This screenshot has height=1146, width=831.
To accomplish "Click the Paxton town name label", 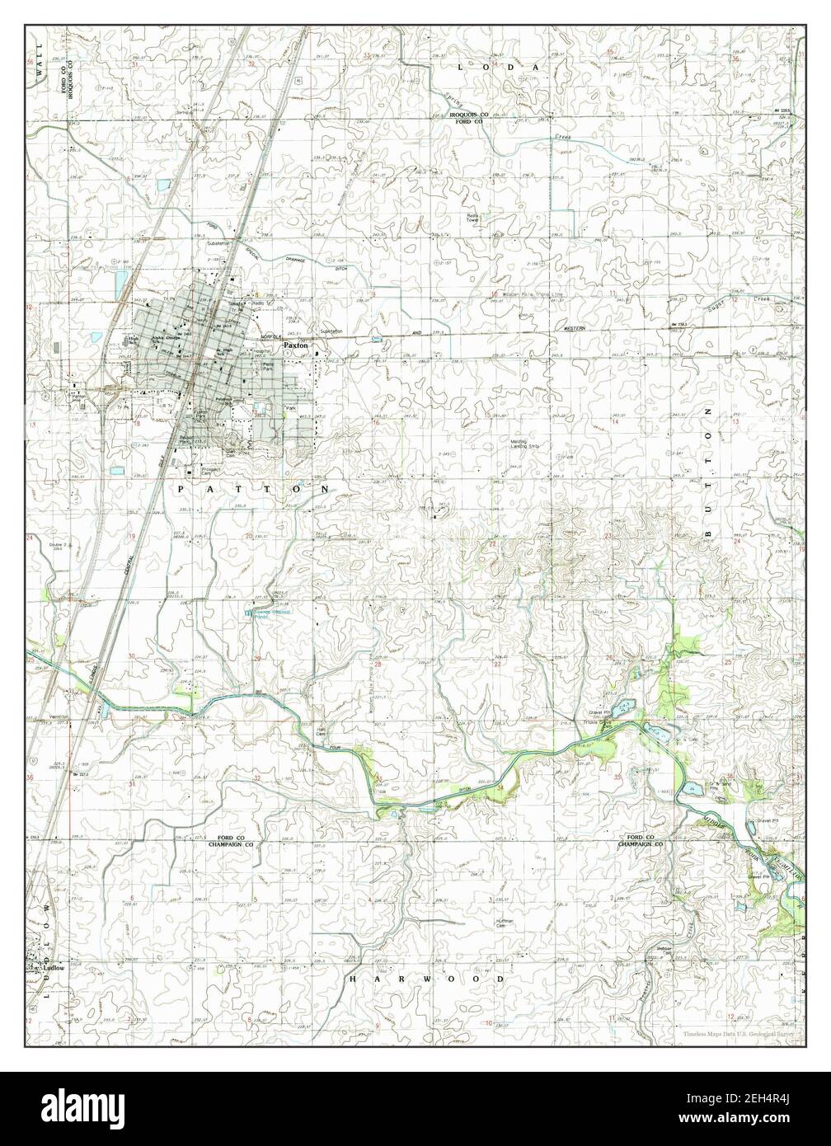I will (x=295, y=346).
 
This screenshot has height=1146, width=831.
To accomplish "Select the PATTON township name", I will (x=253, y=489).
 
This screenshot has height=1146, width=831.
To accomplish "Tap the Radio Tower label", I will (x=472, y=218).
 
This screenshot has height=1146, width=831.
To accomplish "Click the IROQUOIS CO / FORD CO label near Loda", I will (x=477, y=117).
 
